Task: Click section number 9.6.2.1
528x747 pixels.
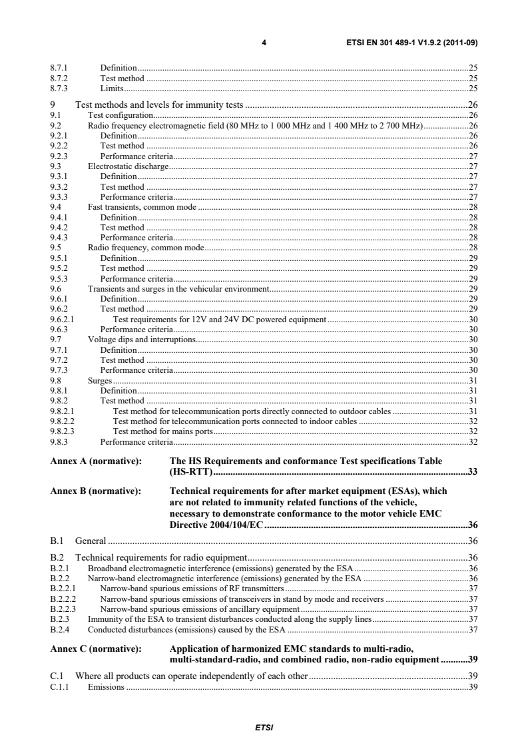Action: pyautogui.click(x=63, y=320)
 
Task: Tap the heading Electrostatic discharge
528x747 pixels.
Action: pyautogui.click(x=129, y=166)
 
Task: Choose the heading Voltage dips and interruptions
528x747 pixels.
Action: pyautogui.click(x=142, y=340)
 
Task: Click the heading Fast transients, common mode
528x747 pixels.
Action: pyautogui.click(x=142, y=207)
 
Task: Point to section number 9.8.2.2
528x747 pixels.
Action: pyautogui.click(x=63, y=421)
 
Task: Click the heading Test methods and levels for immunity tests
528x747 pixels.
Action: pyautogui.click(x=160, y=105)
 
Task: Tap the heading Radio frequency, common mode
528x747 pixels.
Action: pyautogui.click(x=146, y=248)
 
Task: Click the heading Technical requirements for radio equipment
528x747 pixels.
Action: pyautogui.click(x=161, y=557)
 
